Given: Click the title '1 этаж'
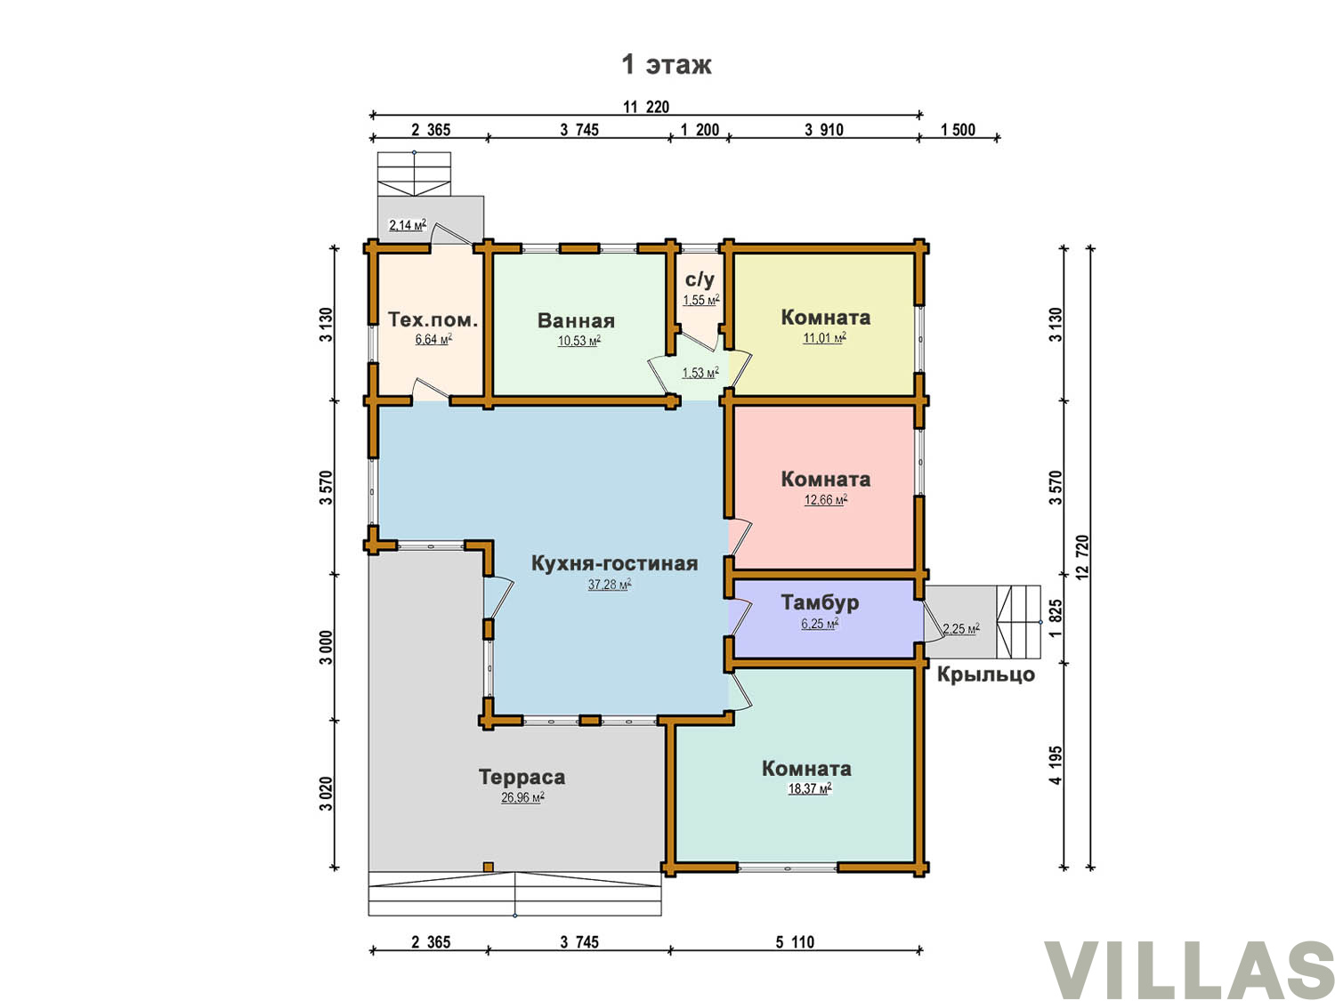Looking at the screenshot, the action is (x=666, y=64).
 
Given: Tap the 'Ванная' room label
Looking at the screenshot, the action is (x=575, y=320).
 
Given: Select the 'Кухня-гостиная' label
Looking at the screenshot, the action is (x=614, y=563).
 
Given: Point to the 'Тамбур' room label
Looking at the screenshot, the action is (x=820, y=601).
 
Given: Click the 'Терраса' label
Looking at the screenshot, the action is (x=522, y=776).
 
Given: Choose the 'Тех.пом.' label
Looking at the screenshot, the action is (x=433, y=319).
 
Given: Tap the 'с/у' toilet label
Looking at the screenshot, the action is (x=700, y=279).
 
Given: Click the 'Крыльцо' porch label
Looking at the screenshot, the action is (x=985, y=674).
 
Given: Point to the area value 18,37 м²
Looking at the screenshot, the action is (x=810, y=789).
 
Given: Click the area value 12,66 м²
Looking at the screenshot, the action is (x=825, y=500).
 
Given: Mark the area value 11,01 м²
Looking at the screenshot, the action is (x=825, y=338).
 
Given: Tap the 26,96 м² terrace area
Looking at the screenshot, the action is (x=522, y=797).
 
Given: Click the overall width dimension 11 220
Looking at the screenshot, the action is (x=646, y=107).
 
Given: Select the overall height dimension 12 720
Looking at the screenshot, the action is (x=1082, y=557).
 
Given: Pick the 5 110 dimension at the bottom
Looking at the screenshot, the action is (x=794, y=942).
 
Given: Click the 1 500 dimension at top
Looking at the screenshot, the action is (x=958, y=129).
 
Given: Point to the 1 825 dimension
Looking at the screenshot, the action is (x=1056, y=618).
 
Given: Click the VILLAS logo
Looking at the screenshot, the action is (x=1189, y=969).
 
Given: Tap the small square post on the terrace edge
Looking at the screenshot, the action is (x=488, y=867).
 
